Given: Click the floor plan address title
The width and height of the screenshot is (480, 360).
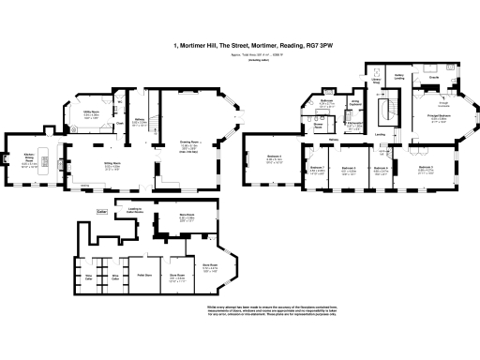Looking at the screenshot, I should [240, 44].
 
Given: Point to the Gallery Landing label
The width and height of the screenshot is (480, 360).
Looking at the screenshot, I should [398, 77].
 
